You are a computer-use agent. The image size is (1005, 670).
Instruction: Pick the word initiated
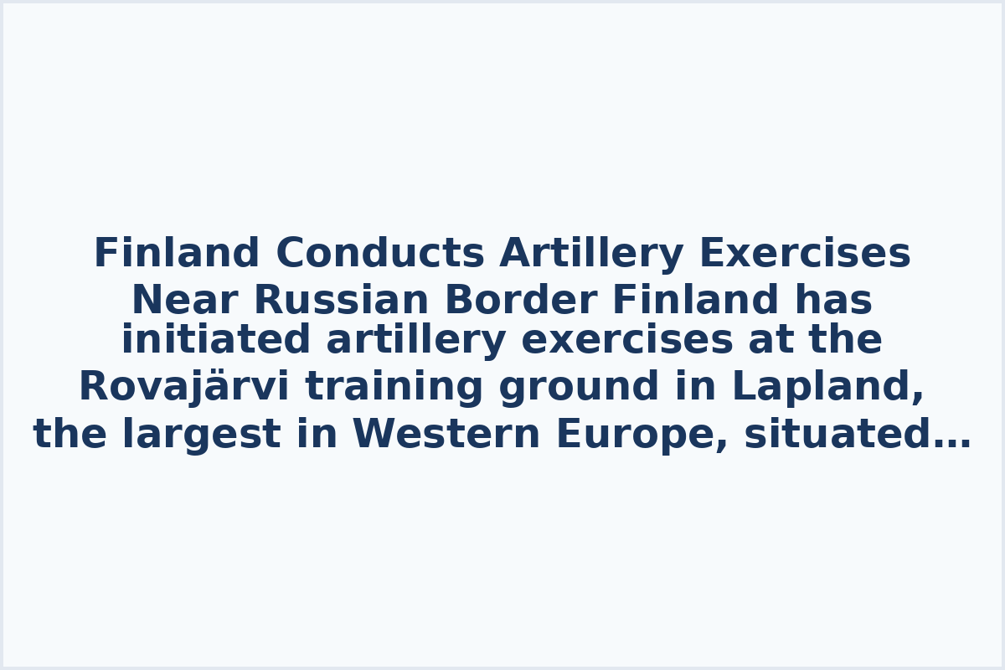(216, 341)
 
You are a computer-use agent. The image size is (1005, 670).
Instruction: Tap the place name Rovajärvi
(183, 388)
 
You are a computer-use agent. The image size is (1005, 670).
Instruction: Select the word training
(394, 388)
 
